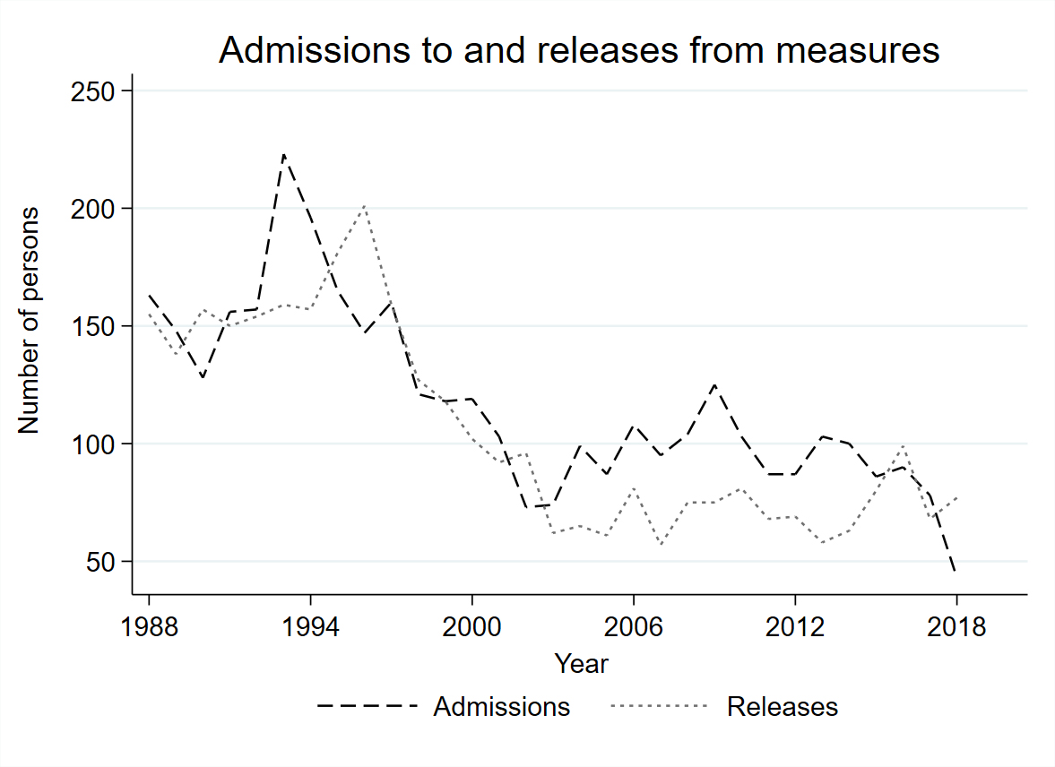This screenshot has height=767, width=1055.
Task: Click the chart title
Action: pos(579,51)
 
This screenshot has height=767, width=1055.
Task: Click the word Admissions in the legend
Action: pos(501,707)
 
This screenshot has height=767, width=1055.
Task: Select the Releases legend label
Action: pos(783,707)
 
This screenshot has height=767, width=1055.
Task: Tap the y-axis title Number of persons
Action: pos(30,321)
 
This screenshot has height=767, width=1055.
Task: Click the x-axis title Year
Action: pos(581,664)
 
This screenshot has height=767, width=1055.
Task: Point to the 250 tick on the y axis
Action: pos(94,91)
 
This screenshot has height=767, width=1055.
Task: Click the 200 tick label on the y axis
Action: pos(94,209)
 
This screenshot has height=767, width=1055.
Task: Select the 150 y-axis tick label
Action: pos(94,326)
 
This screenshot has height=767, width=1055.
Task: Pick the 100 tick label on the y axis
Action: pos(94,444)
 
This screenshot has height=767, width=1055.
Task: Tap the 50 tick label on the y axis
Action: pos(101,562)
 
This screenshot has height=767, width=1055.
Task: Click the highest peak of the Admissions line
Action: pos(283,154)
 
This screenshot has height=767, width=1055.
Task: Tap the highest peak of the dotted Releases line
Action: pos(364,205)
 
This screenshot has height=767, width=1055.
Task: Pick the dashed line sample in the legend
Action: pos(368,707)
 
